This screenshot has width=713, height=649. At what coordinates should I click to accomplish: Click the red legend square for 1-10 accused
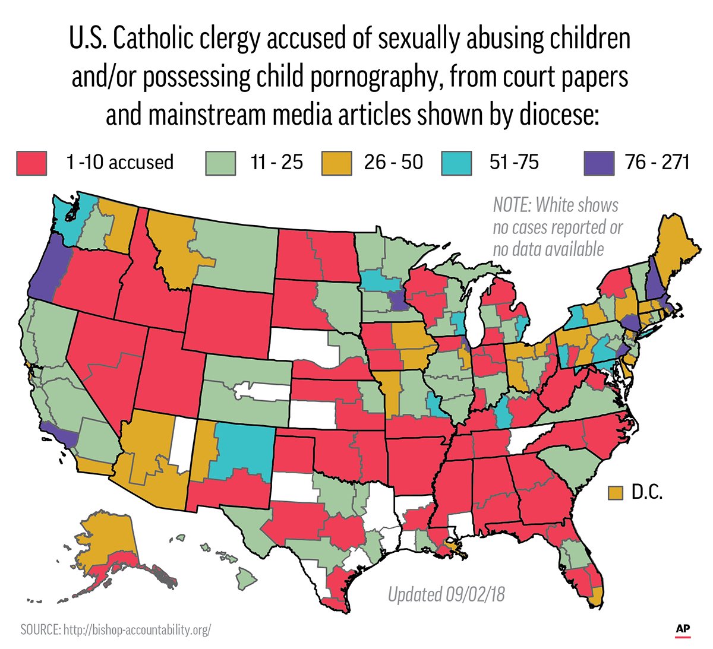click(31, 163)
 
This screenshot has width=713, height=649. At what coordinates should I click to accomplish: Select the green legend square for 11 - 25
click(221, 163)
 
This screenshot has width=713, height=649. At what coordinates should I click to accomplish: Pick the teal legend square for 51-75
click(457, 163)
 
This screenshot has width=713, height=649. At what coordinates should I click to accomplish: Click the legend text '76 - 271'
click(657, 162)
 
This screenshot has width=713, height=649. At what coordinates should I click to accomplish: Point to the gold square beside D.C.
click(616, 492)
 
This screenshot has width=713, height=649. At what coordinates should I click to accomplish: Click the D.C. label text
click(646, 492)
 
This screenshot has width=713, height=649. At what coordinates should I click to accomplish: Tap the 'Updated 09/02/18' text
click(446, 594)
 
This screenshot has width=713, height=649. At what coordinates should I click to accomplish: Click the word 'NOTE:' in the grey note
click(512, 205)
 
